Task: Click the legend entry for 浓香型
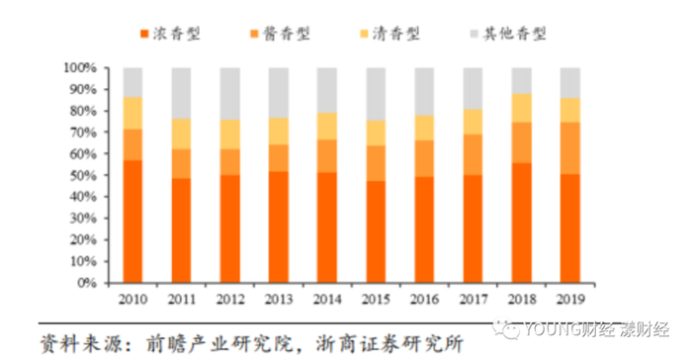pyautogui.click(x=179, y=34)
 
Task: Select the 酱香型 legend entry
pyautogui.click(x=288, y=34)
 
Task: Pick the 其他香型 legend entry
pyautogui.click(x=515, y=34)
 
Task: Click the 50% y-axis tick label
pyautogui.click(x=82, y=175)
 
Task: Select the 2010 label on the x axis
pyautogui.click(x=132, y=297)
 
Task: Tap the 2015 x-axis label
pyautogui.click(x=376, y=297)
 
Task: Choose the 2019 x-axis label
pyautogui.click(x=569, y=297)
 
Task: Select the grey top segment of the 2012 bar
pyautogui.click(x=229, y=94)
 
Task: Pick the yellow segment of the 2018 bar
pyautogui.click(x=521, y=108)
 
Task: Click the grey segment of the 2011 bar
pyautogui.click(x=181, y=93)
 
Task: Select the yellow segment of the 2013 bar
pyautogui.click(x=278, y=132)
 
